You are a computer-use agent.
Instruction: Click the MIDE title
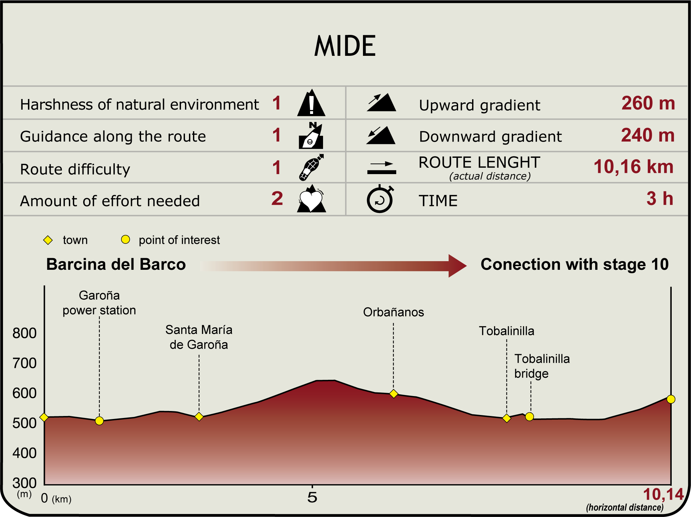click(x=345, y=46)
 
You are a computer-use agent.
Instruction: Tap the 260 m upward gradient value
click(x=648, y=103)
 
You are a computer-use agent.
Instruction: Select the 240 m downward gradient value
click(x=648, y=135)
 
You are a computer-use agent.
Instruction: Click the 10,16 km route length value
click(x=633, y=166)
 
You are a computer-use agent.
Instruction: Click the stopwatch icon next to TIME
click(x=380, y=199)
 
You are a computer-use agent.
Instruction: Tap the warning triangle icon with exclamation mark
click(x=311, y=103)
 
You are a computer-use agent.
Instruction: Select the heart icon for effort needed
click(x=311, y=199)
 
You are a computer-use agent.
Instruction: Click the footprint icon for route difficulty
click(x=311, y=167)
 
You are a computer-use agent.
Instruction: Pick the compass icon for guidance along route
click(x=311, y=135)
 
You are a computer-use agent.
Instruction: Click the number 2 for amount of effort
click(x=277, y=198)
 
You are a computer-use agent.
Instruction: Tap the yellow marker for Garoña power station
click(x=99, y=421)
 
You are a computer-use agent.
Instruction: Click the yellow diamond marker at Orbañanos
click(x=394, y=394)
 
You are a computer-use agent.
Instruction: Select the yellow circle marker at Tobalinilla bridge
click(x=529, y=417)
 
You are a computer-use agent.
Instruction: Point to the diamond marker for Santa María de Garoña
click(x=199, y=416)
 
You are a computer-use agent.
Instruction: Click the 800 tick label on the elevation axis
click(x=24, y=333)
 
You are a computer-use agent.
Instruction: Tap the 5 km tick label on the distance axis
click(x=312, y=497)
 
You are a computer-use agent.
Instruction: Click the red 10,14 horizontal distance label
click(x=663, y=494)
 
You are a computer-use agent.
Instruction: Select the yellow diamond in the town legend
click(x=48, y=240)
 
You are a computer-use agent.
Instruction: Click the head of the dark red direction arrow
click(x=457, y=266)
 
